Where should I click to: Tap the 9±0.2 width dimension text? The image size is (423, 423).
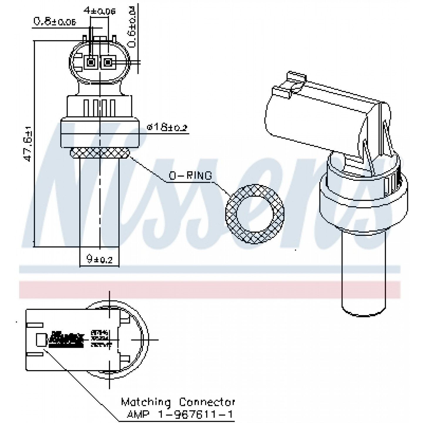coord(100,259)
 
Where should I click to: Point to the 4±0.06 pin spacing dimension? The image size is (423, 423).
coord(99,11)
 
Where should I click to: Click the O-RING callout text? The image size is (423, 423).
coord(190,176)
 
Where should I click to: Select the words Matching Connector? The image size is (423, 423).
coord(178,402)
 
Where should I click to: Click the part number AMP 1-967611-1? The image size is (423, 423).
coord(180,414)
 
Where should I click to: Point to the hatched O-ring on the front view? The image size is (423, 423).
coord(99,153)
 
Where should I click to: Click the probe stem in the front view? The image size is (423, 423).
coord(99,203)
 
